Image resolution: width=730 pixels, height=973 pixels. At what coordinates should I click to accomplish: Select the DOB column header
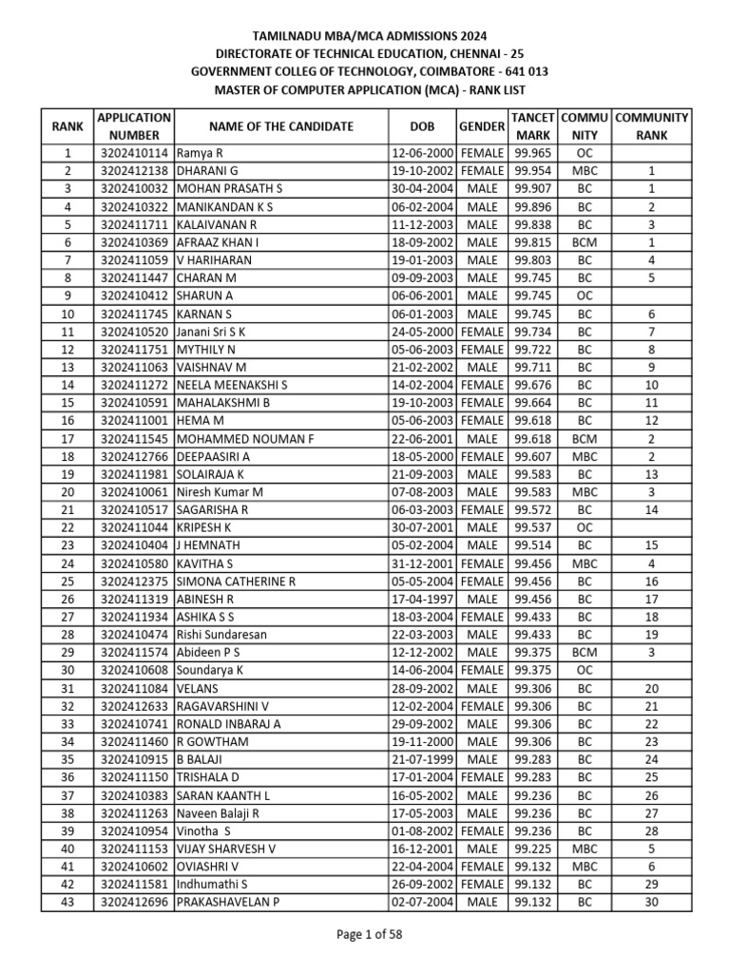(423, 126)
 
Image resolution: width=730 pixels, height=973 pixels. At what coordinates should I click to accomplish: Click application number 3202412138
(134, 171)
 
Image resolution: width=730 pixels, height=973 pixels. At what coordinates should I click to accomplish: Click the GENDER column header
(481, 126)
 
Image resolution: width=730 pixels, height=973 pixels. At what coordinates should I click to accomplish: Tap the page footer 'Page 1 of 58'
(370, 934)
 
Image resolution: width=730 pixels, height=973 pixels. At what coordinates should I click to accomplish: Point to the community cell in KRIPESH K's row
(585, 527)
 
